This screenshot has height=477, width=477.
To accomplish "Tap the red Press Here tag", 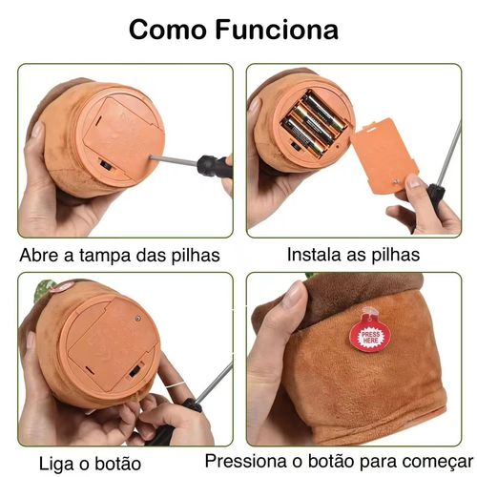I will coord(366,334).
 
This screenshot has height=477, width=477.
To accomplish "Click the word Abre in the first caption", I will coord(41,255).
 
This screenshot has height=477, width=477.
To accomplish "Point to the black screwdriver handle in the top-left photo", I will coord(213,165).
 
